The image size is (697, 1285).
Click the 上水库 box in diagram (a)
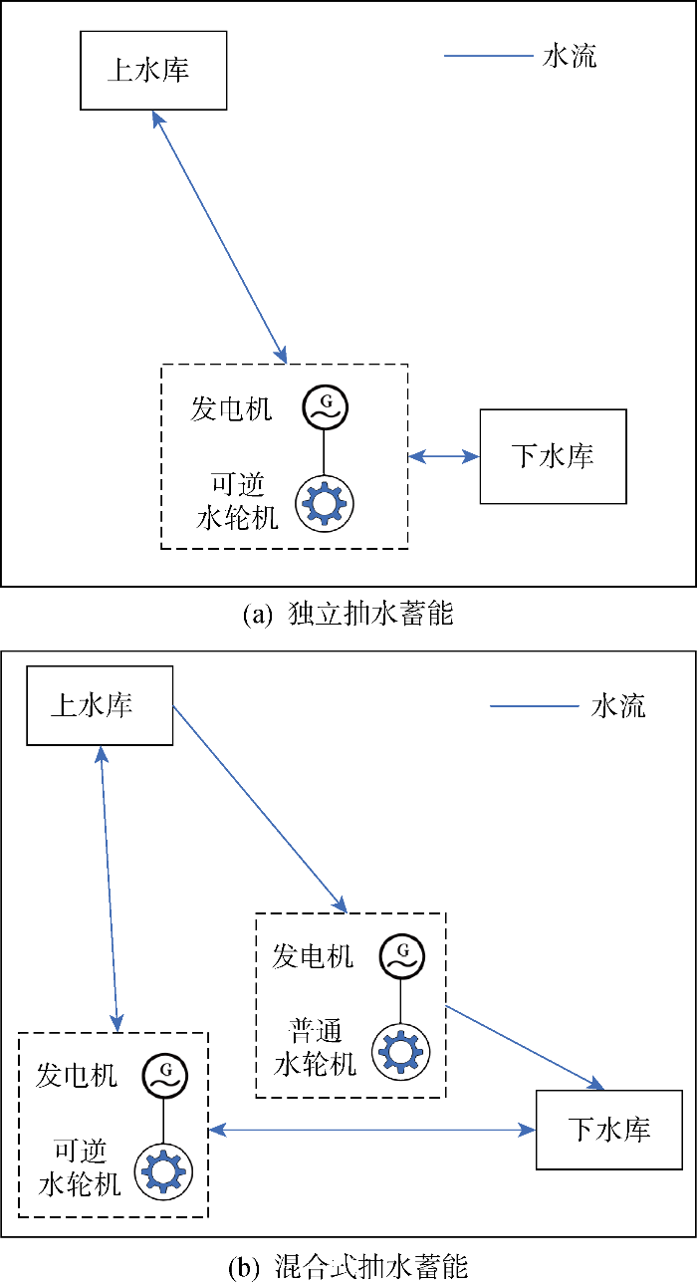click(x=152, y=70)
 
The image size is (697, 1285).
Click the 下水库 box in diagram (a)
click(x=553, y=456)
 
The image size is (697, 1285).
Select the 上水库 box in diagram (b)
click(x=99, y=706)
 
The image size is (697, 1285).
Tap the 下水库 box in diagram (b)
click(x=609, y=1130)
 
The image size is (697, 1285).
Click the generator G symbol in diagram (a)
click(x=325, y=406)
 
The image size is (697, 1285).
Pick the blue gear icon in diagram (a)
click(x=322, y=503)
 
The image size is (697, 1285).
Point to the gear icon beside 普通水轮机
click(x=400, y=1051)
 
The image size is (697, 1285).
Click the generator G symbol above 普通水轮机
click(x=400, y=956)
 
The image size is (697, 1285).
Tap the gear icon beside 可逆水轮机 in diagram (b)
click(x=161, y=1170)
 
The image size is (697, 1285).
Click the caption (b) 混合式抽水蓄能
click(x=348, y=1268)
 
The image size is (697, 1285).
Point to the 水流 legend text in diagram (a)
click(x=569, y=57)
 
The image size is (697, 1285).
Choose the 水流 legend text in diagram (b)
click(x=617, y=706)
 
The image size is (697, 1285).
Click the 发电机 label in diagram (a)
click(x=231, y=408)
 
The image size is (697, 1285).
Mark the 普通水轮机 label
click(x=315, y=1046)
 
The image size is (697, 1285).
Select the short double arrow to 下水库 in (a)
click(x=444, y=457)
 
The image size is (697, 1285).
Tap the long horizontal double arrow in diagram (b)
click(x=372, y=1130)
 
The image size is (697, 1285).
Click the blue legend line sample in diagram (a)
click(x=488, y=57)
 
